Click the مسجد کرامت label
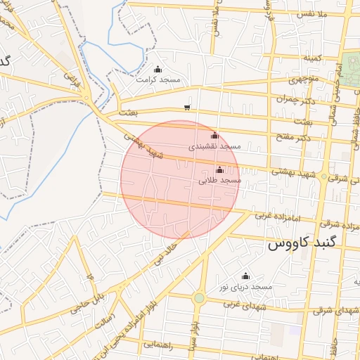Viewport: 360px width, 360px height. point(158,80)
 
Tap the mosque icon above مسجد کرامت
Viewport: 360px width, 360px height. point(157,69)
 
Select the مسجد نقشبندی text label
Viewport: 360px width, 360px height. point(214,146)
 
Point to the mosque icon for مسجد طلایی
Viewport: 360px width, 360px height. point(219,169)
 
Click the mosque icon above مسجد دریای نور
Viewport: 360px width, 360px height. point(245,276)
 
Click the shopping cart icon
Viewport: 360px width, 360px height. point(186,108)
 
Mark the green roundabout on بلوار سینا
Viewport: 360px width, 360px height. point(200,298)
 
